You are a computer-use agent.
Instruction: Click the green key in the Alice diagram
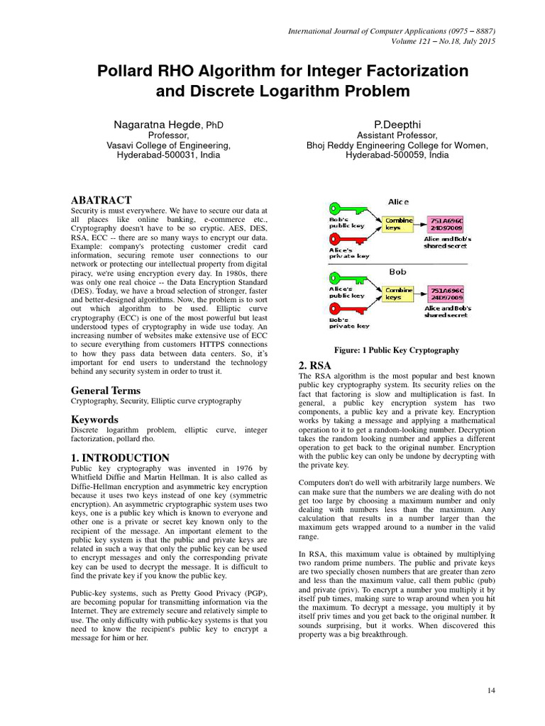344,208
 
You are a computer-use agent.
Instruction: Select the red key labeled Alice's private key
344,239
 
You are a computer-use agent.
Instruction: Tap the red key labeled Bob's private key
344,309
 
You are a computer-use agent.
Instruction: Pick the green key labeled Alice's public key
344,278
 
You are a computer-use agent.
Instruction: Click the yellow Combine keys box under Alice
397,224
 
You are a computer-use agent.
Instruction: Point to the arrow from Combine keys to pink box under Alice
420,224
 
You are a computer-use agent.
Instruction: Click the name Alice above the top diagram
397,201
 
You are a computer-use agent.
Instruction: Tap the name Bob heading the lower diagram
397,271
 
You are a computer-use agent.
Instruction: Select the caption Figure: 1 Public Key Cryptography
397,350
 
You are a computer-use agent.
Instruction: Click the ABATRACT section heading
101,201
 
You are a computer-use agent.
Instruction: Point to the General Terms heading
106,391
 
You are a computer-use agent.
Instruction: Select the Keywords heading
94,420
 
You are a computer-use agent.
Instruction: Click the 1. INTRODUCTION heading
121,458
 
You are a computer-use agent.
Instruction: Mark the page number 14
491,690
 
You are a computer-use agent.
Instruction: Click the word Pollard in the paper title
126,72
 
